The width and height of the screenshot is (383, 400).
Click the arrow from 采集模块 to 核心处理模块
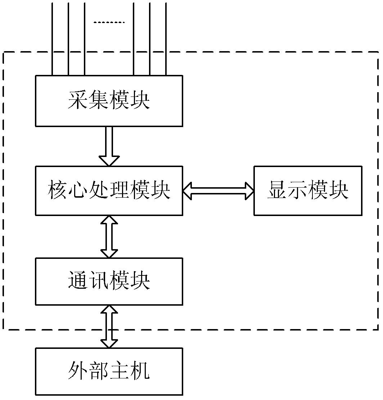[x=109, y=146]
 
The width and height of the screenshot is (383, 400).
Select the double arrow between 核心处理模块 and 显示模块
[x=218, y=190]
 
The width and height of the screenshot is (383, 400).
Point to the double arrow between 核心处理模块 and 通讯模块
[x=109, y=237]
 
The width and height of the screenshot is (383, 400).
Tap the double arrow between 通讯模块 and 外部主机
[x=109, y=326]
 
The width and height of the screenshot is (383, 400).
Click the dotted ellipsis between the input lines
[x=109, y=22]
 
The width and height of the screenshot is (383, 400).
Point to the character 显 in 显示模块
[x=277, y=190]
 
